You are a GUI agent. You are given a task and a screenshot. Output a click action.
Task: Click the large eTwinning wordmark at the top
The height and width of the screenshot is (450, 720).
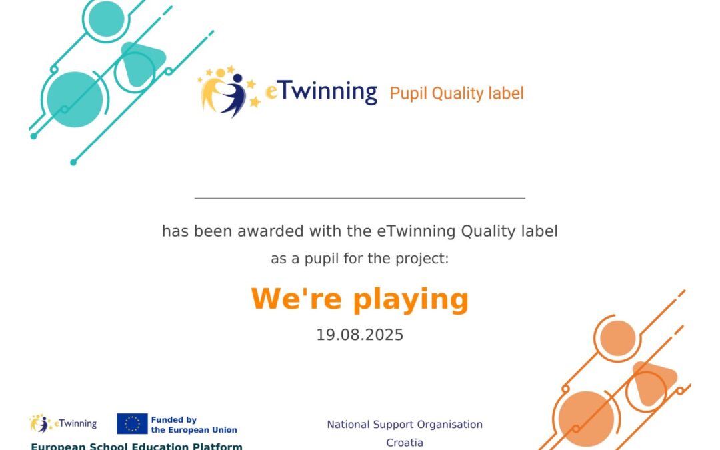[x=321, y=92]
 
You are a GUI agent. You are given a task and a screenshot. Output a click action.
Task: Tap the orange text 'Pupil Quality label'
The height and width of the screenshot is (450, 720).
[x=457, y=93]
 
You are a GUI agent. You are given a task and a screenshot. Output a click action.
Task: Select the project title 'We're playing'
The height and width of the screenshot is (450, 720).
[x=360, y=299]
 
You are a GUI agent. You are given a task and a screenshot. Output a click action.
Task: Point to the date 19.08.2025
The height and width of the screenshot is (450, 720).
[x=360, y=335]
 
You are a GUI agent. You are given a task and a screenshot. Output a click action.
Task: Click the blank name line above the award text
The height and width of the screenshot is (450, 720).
[x=360, y=198]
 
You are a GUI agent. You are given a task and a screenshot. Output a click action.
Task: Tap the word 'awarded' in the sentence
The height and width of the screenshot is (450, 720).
[x=271, y=231]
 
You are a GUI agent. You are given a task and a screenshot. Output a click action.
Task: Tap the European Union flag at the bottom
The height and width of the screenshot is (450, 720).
[x=132, y=423]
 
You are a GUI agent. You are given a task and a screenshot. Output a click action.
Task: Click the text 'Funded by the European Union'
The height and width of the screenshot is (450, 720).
[x=194, y=425]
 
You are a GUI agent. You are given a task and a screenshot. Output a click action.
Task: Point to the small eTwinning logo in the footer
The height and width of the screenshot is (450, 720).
[x=63, y=423]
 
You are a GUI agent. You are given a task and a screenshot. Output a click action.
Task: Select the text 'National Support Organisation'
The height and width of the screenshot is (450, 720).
[x=405, y=424]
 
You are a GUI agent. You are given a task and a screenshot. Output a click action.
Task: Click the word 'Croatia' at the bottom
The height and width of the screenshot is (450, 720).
[x=405, y=443]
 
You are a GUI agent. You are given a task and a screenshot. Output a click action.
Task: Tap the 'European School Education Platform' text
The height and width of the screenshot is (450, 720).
[x=137, y=446]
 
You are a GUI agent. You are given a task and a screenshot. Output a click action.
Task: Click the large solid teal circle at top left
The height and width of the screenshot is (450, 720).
[x=75, y=99]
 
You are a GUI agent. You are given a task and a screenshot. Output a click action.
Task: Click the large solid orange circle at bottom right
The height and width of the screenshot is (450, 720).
[x=586, y=419]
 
